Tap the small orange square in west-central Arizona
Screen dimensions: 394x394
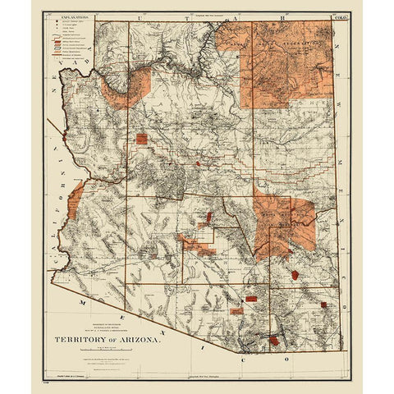tap(141, 139)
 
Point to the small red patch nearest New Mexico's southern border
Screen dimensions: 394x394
tap(323, 305)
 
